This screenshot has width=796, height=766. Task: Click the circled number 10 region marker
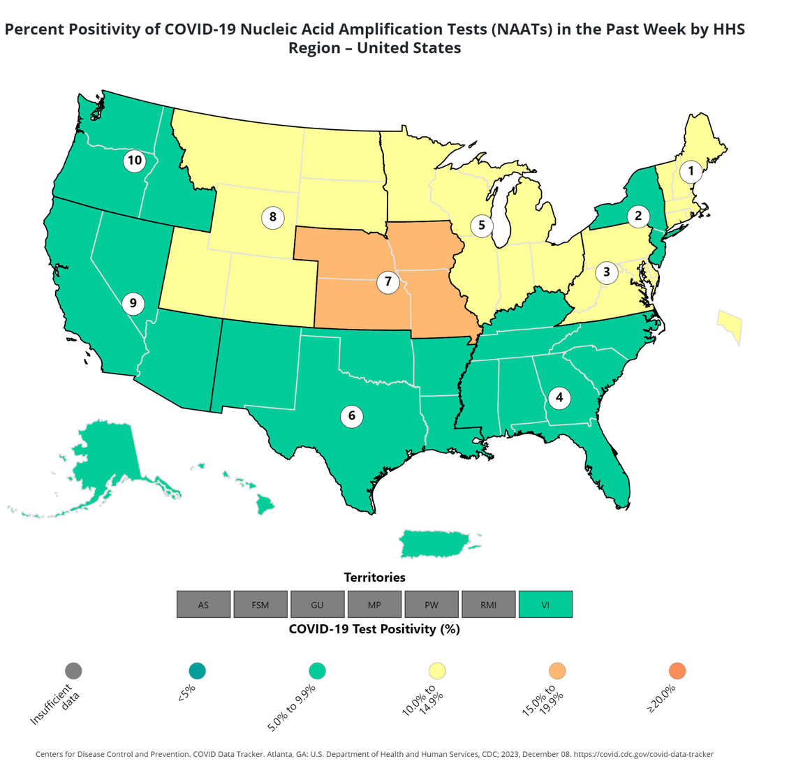tap(133, 161)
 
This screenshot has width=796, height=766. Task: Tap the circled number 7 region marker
tap(388, 282)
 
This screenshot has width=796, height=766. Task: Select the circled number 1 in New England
tap(691, 170)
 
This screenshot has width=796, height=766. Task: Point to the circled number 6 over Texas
tap(351, 416)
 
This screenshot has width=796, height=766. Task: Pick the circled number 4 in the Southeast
tap(559, 398)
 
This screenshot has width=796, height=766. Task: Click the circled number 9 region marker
tap(133, 304)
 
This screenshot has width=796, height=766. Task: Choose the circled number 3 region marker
tap(606, 272)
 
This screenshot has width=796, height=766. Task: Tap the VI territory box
tap(545, 605)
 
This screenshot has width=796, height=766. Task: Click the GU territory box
tap(317, 605)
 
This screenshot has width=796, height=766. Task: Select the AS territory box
tap(203, 605)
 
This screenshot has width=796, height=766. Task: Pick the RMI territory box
tap(488, 605)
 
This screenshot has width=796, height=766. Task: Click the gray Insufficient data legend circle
tap(73, 670)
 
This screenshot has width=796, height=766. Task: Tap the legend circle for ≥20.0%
tap(677, 670)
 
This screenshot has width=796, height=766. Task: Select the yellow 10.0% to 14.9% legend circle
tap(437, 670)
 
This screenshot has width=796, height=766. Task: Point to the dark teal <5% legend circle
tap(197, 670)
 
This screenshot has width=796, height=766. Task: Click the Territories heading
tap(374, 577)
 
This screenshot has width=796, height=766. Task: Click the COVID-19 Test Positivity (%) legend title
tap(374, 629)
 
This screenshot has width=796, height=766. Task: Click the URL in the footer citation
tap(643, 754)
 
